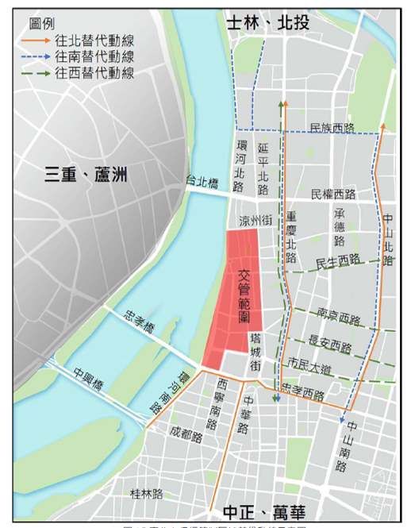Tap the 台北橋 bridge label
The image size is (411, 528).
click(202, 182)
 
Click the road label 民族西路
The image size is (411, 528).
click(333, 127)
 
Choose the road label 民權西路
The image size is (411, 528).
click(333, 194)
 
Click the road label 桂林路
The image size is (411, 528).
click(147, 493)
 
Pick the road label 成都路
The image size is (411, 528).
click(186, 434)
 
